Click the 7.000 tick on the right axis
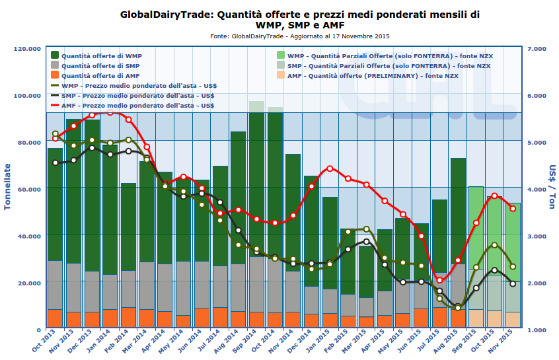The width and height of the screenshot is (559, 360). pos(537,49)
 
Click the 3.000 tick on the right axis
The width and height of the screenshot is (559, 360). pos(537,236)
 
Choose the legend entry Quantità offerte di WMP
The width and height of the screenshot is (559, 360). pos(99,56)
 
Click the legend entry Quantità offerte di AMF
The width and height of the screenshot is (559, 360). pos(99,76)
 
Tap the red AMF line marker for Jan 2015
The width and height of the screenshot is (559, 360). pos(330,168)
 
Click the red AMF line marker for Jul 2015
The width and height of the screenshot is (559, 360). pos(439,280)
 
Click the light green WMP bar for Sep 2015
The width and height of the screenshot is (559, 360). pos(476,225)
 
